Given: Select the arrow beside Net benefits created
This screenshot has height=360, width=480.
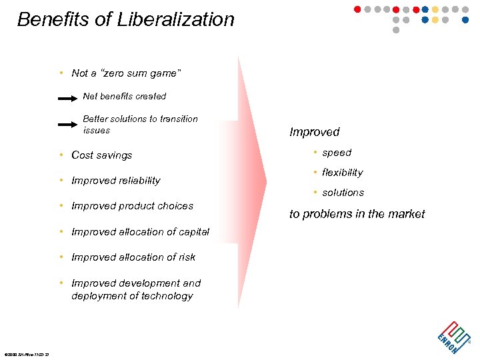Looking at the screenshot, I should tap(68, 99).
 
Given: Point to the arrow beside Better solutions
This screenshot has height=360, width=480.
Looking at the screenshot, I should tap(68, 124).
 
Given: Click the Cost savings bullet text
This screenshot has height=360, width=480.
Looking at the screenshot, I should tap(101, 155).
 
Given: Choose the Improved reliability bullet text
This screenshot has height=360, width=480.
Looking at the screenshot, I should tap(115, 181).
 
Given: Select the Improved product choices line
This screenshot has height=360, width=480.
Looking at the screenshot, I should tap(132, 206).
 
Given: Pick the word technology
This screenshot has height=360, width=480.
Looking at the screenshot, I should tap(165, 295).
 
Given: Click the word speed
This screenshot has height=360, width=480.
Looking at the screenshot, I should tap(337, 153).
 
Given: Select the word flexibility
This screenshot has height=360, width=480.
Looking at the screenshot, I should tap(342, 173).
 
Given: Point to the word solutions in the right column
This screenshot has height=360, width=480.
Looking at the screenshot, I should tap(343, 193).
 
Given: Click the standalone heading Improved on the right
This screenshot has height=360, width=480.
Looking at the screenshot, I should tap(315, 132).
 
